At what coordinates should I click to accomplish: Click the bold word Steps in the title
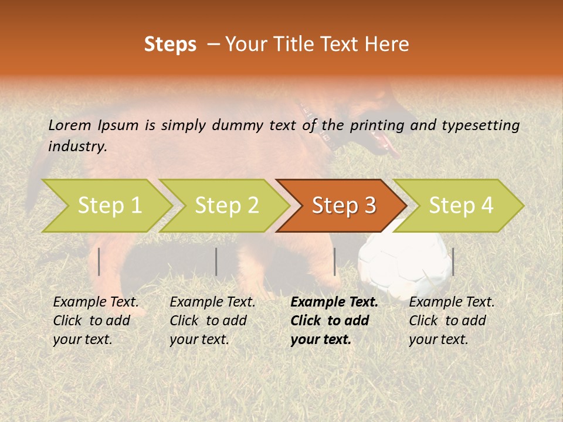(170, 45)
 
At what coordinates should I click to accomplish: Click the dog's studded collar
(317, 126)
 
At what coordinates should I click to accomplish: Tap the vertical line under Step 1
(99, 261)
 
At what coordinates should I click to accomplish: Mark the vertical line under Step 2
(216, 261)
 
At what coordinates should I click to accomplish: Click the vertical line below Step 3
(334, 261)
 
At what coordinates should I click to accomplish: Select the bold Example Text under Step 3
(334, 321)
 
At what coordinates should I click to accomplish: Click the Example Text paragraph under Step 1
(96, 321)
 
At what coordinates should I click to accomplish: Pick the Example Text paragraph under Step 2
(212, 321)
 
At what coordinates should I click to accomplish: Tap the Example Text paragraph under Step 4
(452, 321)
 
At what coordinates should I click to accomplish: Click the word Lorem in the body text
(70, 125)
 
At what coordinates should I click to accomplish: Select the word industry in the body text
(77, 147)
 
